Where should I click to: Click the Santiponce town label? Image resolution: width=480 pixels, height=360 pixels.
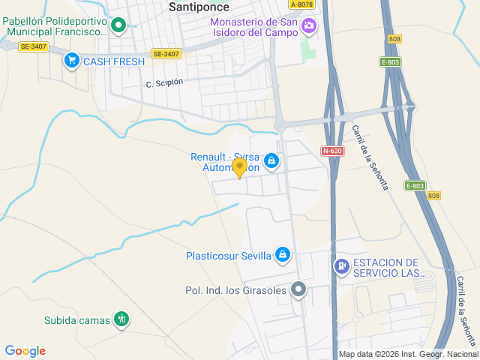[199, 7]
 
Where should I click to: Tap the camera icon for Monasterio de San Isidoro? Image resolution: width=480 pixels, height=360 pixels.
[308, 27]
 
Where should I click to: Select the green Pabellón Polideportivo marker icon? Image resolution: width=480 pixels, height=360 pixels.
[118, 27]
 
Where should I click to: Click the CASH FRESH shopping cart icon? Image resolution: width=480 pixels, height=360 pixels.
[72, 61]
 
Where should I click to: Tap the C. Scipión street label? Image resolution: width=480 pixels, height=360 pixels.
[164, 82]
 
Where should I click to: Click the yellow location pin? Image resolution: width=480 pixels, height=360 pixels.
[239, 167]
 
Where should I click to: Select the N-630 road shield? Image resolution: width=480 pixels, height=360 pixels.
[332, 151]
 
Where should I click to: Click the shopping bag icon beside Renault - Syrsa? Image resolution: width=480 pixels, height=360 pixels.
[271, 160]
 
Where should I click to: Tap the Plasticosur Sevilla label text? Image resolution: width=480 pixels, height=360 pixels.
[228, 256]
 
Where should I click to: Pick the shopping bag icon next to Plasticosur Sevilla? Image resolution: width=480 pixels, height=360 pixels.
[282, 256]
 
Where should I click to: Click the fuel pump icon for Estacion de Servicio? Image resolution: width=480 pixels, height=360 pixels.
[341, 265]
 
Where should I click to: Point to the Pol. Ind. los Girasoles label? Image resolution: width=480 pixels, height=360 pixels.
[235, 289]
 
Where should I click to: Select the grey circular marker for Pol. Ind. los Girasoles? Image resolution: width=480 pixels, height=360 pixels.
[298, 289]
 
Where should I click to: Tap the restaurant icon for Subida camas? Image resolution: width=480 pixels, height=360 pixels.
[121, 319]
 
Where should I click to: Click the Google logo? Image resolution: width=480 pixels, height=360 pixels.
[25, 351]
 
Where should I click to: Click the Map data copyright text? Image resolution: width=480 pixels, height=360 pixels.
[408, 355]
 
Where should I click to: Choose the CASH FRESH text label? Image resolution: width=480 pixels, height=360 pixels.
[113, 61]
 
